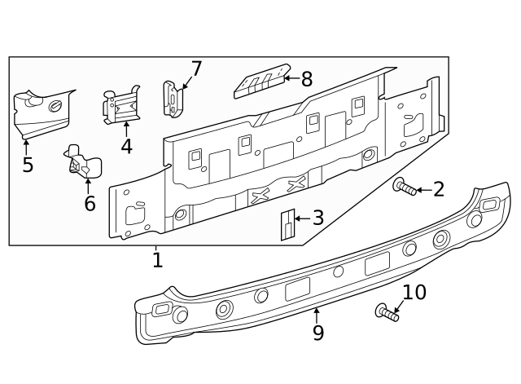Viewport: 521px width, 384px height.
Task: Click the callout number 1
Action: point(157,260)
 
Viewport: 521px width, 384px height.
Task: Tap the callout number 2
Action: point(439,190)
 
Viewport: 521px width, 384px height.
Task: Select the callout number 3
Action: point(317,218)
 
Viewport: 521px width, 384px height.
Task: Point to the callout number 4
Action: point(126,147)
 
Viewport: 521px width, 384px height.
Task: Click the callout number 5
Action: point(28,166)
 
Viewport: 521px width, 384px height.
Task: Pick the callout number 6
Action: point(90,204)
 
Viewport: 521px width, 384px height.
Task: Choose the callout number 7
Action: point(196,69)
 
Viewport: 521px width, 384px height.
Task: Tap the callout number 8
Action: point(306,79)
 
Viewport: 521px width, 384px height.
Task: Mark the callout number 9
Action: point(317,333)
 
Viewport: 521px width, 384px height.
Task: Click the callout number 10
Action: point(414,292)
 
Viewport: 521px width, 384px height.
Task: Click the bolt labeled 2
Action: point(405,188)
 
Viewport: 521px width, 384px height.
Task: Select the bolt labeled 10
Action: point(386,311)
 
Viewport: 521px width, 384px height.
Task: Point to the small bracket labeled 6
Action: point(83,162)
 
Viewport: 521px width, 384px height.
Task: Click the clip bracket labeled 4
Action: point(122,105)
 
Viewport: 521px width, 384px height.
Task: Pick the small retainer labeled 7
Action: point(174,99)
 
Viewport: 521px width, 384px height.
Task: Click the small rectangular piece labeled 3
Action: point(287,224)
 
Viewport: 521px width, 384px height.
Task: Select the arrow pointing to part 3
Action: point(300,218)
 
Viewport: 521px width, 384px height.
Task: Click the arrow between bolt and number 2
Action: point(424,191)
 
